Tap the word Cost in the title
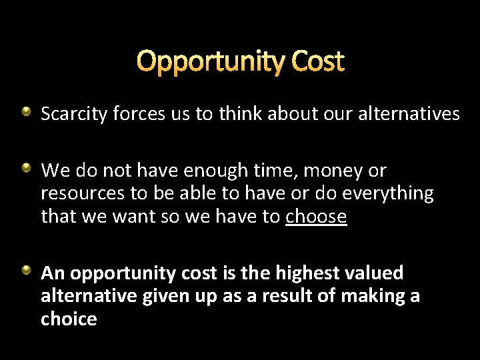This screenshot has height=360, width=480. coord(317,61)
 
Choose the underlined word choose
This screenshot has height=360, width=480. coord(316,217)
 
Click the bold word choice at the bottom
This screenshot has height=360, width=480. coord(69,319)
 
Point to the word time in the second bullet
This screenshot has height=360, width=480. coord(271,171)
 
